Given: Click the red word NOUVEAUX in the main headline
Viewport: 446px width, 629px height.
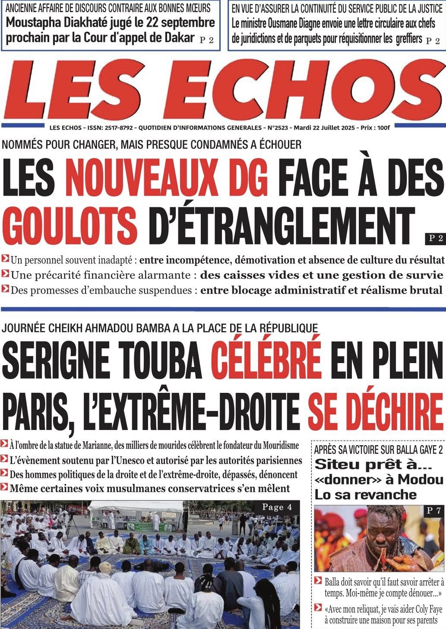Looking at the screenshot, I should tap(167, 177).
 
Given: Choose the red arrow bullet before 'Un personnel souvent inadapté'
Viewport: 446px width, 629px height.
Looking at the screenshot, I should tap(5, 259).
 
